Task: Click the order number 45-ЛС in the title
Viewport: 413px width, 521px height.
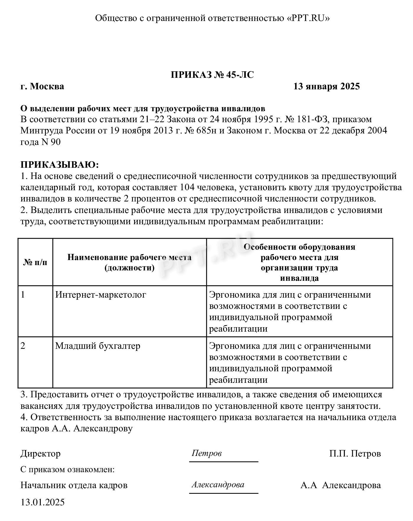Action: [240, 75]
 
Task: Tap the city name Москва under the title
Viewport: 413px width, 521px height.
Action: [47, 86]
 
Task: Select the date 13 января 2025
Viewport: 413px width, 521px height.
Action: [326, 86]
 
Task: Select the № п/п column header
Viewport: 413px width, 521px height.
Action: [35, 262]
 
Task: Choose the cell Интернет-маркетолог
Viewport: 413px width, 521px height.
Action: [101, 295]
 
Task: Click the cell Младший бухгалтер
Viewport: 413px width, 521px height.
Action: [98, 346]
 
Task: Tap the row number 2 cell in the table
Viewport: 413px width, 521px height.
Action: [23, 346]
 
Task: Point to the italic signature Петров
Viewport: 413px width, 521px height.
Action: [206, 453]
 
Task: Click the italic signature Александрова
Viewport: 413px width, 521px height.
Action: [218, 485]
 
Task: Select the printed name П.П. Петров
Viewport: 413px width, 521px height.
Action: [355, 454]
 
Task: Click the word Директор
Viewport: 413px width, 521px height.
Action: [40, 454]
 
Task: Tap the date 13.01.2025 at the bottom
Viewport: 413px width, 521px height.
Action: [43, 502]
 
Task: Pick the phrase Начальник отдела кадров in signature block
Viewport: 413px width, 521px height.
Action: [74, 485]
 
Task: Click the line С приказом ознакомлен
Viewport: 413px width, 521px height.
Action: [68, 470]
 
